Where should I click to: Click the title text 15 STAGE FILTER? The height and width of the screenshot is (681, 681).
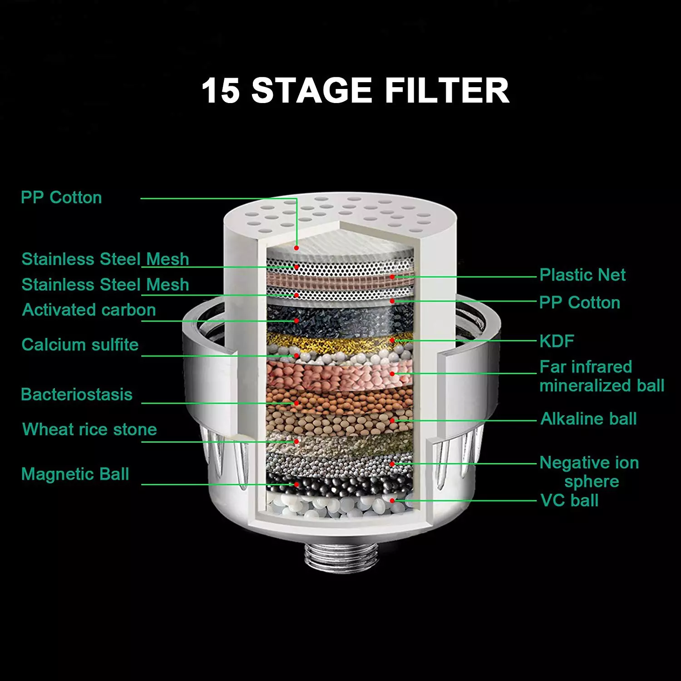(355, 90)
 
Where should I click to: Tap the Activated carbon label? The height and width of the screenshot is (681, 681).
(89, 310)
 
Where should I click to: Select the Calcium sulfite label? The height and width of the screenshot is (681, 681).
(80, 345)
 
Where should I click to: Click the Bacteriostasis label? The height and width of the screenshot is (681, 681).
(77, 395)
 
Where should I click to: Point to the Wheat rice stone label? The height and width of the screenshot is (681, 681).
(89, 429)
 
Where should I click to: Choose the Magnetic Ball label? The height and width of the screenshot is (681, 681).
(75, 474)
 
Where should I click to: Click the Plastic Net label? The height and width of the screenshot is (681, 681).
(582, 275)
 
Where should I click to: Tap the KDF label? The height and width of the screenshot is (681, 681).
(557, 341)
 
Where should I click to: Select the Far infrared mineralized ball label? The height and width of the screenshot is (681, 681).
(602, 376)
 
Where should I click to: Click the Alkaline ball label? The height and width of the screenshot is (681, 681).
(588, 419)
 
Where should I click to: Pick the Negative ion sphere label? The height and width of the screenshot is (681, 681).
(589, 472)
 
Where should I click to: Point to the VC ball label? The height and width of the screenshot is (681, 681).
(569, 500)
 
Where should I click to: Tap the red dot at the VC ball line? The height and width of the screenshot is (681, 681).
(392, 501)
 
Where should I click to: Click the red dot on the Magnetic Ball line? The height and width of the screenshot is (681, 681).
(296, 484)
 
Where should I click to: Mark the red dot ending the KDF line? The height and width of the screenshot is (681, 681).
(392, 340)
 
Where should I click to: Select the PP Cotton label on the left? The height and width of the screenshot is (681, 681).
(61, 197)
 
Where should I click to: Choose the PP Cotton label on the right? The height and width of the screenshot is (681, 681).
(579, 303)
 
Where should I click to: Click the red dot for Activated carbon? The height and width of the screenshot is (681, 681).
(296, 321)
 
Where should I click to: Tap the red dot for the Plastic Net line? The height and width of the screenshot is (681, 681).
(392, 276)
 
